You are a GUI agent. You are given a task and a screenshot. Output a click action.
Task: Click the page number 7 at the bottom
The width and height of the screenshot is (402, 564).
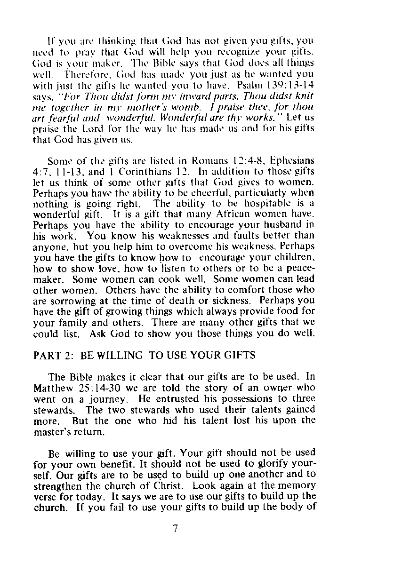point(175,528)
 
